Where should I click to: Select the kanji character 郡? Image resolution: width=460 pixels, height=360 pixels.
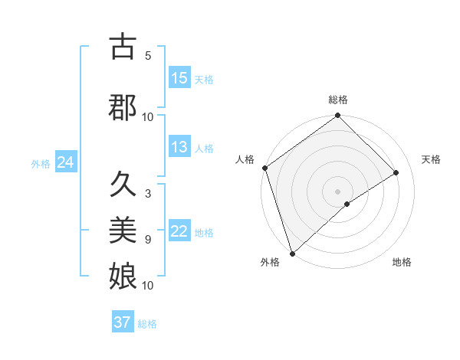[123, 106]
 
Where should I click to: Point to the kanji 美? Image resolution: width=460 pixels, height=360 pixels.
[123, 230]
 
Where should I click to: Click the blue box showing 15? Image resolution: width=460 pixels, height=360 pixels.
[179, 78]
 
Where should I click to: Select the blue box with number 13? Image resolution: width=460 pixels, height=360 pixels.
[179, 148]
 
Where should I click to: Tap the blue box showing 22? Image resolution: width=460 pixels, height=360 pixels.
[179, 232]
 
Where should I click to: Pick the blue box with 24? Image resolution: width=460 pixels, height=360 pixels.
[65, 162]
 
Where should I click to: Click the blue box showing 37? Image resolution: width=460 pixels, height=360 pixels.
[123, 322]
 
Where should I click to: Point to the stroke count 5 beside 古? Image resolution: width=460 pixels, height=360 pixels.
[148, 56]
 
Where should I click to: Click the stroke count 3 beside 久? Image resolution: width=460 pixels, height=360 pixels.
[148, 194]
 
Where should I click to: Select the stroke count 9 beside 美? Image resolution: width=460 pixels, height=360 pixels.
[148, 240]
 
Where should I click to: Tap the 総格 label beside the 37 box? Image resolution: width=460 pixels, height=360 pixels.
[147, 324]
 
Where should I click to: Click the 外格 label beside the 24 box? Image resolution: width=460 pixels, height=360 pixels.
[41, 163]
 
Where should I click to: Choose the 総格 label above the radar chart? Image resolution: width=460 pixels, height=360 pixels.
[337, 100]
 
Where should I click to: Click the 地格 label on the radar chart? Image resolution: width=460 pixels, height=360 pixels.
[402, 263]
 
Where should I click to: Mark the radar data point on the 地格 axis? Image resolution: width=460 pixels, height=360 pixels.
[347, 204]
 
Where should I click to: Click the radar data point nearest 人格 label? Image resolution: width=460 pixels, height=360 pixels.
[264, 169]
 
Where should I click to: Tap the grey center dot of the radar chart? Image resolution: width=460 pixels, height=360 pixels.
[337, 191]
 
